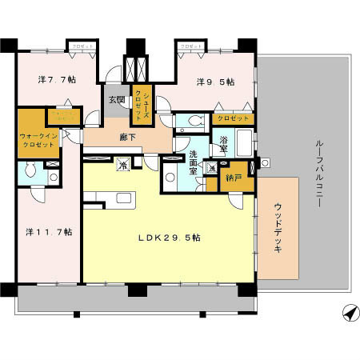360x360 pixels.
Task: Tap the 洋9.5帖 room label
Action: (x=217, y=82)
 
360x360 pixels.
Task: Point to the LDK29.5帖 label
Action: (x=167, y=238)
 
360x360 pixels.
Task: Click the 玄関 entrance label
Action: (x=117, y=100)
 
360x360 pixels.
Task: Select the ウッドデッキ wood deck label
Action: (x=277, y=228)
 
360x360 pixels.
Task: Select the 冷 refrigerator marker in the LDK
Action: (x=122, y=164)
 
